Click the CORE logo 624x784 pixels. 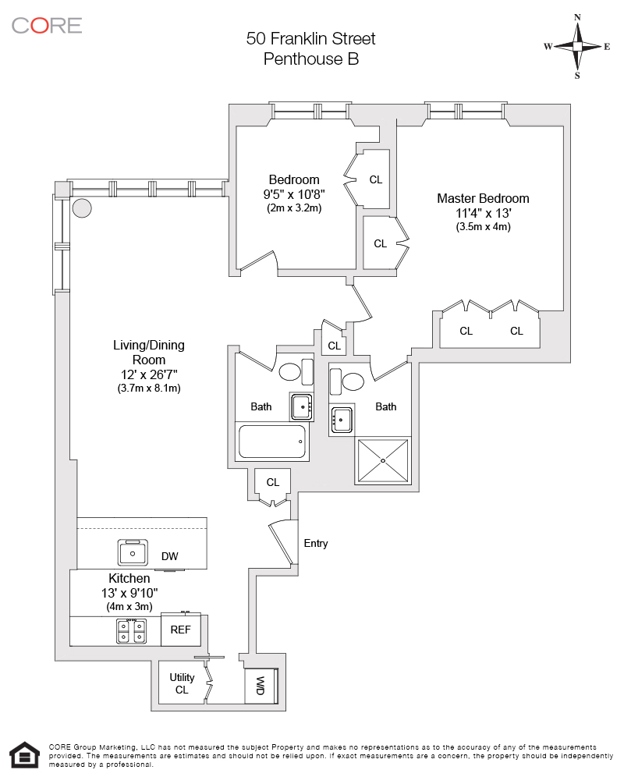coord(46,25)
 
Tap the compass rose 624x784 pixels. coord(577,47)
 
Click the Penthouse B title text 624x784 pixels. coord(310,59)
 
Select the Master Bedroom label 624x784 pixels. coord(483,198)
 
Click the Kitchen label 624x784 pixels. coord(129,578)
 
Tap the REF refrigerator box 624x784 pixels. coord(180,630)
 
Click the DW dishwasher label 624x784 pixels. coord(169,556)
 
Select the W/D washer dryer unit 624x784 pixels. coord(261,686)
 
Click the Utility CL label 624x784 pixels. coord(182,683)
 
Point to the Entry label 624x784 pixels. coord(316,544)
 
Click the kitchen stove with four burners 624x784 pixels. coord(132,630)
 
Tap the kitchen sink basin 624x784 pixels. coord(133,553)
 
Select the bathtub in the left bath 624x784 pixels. coord(271,442)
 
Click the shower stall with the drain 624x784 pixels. coord(383,461)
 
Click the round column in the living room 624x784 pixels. coord(82,208)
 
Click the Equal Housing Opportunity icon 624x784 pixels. coord(25,754)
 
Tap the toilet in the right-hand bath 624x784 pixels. coord(352,381)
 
